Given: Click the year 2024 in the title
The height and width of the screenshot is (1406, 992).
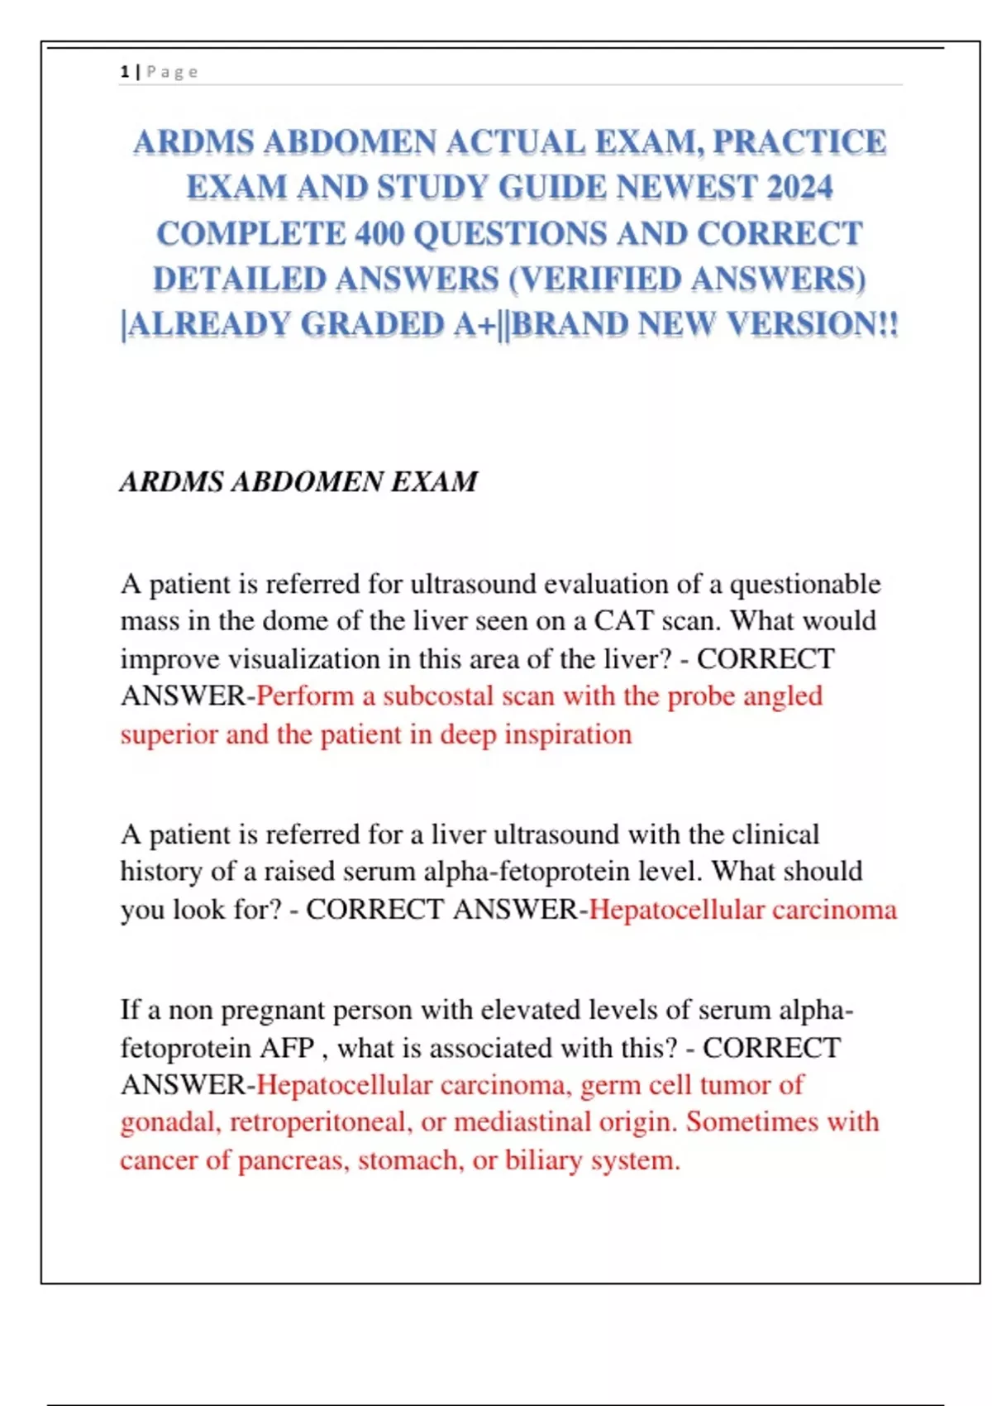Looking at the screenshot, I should (799, 188).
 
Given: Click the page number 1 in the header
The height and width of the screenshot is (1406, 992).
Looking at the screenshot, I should (124, 72).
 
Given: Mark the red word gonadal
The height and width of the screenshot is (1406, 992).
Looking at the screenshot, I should (169, 1122).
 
